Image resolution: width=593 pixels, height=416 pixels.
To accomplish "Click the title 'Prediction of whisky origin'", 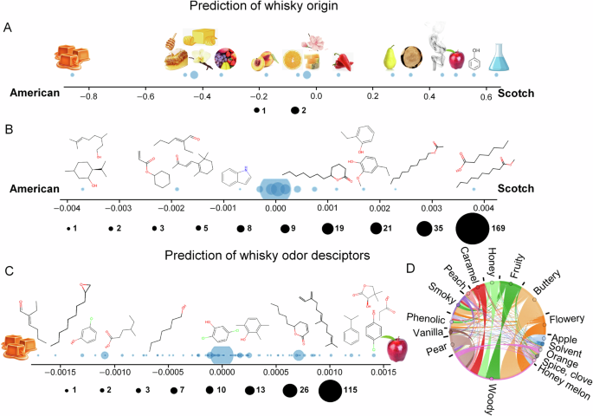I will [x=296, y=9].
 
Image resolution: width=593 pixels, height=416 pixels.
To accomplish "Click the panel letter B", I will [x=8, y=131].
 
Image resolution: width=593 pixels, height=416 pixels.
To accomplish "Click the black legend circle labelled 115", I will [x=330, y=392].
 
